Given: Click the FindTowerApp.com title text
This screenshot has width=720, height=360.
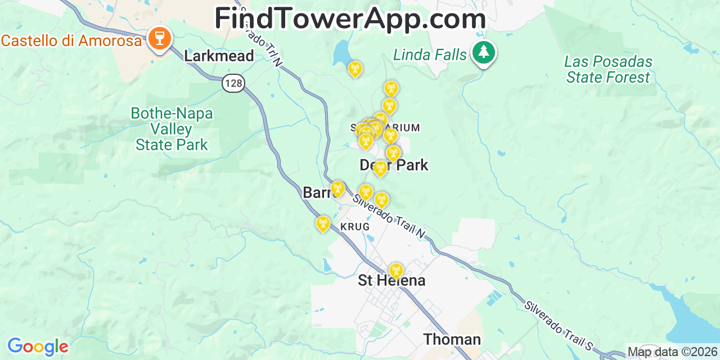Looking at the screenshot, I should [350, 19].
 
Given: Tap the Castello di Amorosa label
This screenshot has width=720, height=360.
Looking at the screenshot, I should [71, 40].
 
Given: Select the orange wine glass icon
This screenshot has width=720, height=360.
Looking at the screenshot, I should [160, 39].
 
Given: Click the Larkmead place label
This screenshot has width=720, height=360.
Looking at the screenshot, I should [219, 56].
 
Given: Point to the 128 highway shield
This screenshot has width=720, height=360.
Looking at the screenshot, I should [233, 83].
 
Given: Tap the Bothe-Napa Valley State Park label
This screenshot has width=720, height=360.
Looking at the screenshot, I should [172, 129].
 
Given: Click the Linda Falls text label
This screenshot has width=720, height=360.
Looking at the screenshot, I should [430, 55].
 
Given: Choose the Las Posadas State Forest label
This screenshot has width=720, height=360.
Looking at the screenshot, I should [608, 69].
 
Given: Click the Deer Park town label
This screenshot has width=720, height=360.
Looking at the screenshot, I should [394, 165].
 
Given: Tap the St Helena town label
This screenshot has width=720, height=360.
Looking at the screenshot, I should [391, 281].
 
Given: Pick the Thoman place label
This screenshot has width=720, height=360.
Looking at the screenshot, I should [452, 339].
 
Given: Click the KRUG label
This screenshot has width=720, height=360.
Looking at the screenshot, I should [355, 227].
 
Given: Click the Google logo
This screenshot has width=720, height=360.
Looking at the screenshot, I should [38, 346].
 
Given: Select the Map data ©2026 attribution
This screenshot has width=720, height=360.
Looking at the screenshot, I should [672, 352].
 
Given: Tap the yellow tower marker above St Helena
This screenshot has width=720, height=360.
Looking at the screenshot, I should [396, 271].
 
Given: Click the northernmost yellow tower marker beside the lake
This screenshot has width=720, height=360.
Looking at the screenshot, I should [354, 69].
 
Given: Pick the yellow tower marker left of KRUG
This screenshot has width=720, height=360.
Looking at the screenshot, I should [323, 224].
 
